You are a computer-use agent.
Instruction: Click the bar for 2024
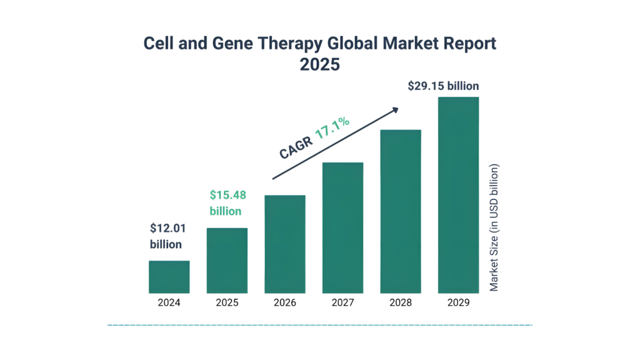tap(169, 277)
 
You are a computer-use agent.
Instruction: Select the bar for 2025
tap(227, 261)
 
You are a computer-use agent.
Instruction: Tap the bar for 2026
tap(285, 244)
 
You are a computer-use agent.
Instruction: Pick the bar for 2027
tap(342, 228)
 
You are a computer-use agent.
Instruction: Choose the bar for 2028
tap(401, 212)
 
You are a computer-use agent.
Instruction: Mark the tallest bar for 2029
tap(458, 195)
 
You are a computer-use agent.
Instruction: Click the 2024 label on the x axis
tap(169, 302)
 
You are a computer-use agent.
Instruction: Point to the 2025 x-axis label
tap(227, 302)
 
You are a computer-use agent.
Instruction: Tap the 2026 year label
tap(285, 302)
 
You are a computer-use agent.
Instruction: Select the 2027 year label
tap(342, 302)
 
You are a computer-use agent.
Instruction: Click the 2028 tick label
tap(401, 302)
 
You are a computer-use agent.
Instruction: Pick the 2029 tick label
tap(458, 302)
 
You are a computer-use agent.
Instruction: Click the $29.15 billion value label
tap(443, 86)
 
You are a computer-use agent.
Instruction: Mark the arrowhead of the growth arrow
tap(395, 110)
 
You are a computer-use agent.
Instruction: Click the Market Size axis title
tap(494, 227)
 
